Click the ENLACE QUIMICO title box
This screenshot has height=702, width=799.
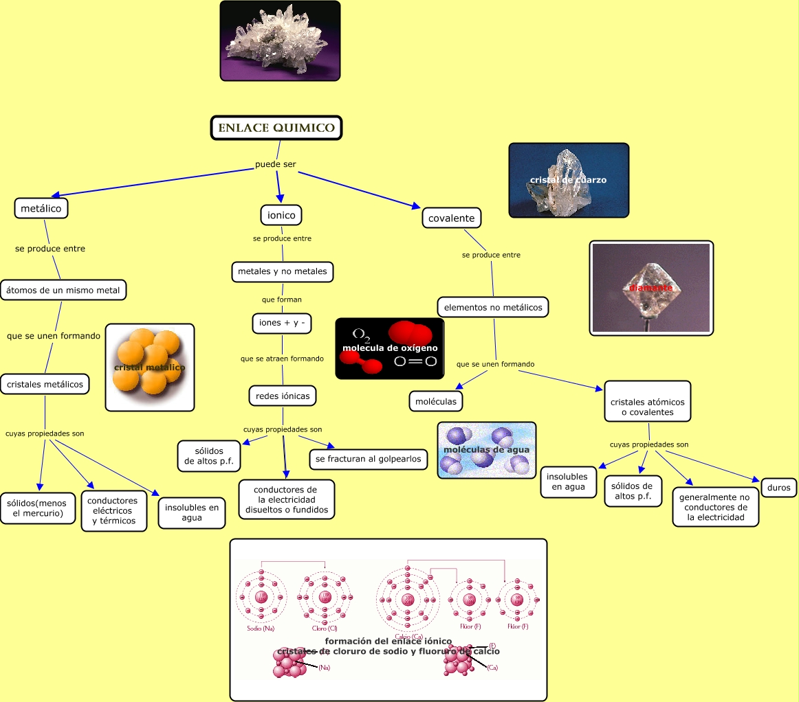click(276, 128)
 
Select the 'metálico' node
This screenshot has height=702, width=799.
click(41, 208)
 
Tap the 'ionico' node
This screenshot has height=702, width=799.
click(281, 215)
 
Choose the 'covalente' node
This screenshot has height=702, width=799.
click(451, 218)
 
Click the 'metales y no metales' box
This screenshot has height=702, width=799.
click(283, 271)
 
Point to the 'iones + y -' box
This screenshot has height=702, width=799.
click(282, 323)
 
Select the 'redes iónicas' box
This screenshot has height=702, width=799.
click(283, 396)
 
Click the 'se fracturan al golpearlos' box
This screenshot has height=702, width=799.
click(369, 459)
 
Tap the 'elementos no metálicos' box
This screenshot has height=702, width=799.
click(493, 307)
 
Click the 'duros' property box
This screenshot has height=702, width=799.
click(779, 488)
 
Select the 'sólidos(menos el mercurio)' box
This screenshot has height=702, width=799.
click(38, 508)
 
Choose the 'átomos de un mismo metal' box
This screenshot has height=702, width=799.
click(63, 290)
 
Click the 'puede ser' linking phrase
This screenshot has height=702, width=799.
click(275, 164)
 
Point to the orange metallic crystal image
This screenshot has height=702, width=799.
click(150, 367)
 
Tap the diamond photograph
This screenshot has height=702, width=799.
click(651, 288)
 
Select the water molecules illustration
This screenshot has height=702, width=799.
click(487, 450)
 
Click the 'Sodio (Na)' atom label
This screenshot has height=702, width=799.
click(261, 628)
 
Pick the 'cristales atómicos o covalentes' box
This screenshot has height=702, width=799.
click(647, 407)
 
